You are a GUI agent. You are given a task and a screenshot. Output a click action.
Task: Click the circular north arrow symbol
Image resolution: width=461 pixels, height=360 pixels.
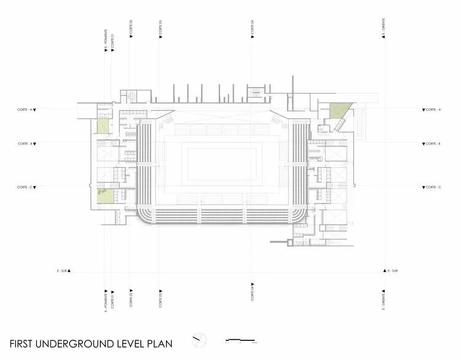point(199,339)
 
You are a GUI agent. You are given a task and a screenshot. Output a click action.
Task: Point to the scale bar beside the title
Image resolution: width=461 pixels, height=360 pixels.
point(240,340)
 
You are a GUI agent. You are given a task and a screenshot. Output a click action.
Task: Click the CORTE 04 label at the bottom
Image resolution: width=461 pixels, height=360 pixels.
point(253,296)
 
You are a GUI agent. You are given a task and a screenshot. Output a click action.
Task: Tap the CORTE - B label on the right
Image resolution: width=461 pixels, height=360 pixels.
point(432,143)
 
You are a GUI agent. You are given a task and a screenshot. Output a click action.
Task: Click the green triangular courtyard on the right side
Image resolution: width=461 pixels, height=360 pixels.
point(337,111)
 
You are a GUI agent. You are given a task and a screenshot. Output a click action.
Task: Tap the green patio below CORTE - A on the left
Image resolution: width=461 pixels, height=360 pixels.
point(101,125)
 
